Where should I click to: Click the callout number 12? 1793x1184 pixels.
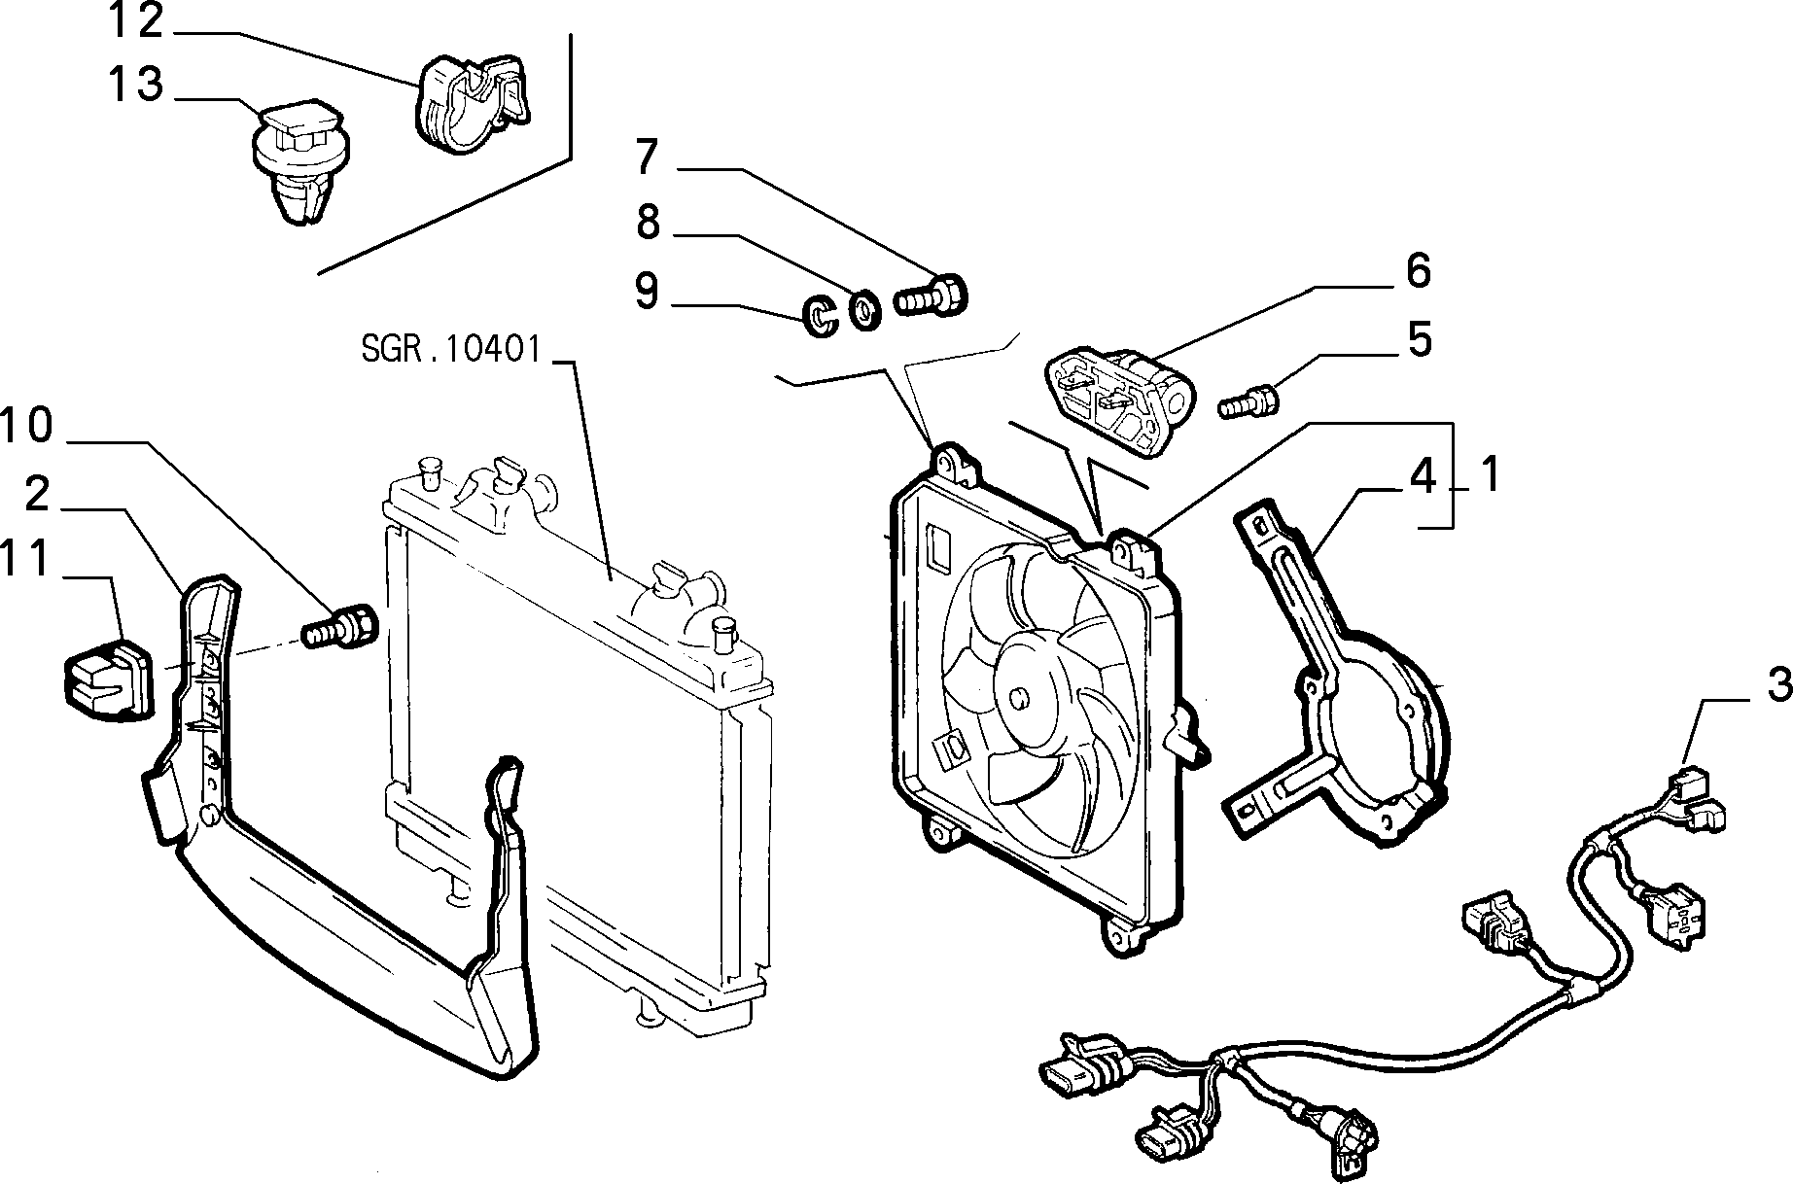coord(135,20)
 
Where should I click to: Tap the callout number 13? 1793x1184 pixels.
coord(135,84)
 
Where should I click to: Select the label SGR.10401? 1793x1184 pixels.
coord(450,348)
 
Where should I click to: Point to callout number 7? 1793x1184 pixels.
coord(648,157)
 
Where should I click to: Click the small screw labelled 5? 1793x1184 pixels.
coord(1248,400)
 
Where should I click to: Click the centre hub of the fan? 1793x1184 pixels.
coord(1018,697)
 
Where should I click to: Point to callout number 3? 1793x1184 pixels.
coord(1776,685)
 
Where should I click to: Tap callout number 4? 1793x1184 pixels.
coord(1423,477)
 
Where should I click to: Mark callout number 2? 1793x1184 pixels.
coord(37,495)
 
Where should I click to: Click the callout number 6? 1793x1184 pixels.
coord(1419,271)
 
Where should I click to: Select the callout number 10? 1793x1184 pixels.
coord(26,426)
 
